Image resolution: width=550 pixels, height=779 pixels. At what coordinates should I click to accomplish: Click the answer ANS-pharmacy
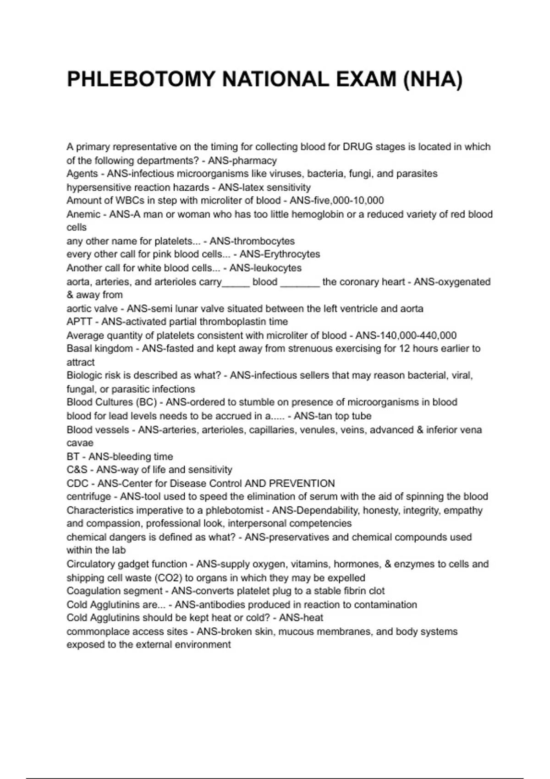tap(242, 161)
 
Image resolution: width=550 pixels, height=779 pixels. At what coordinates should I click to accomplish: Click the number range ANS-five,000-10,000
tap(337, 200)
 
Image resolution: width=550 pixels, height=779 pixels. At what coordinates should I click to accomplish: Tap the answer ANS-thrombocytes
tap(252, 241)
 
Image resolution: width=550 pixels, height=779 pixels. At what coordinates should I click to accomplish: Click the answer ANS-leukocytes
tap(265, 268)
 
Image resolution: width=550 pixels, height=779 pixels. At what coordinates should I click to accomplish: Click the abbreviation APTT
tap(79, 322)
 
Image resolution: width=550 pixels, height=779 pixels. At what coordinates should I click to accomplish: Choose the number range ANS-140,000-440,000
tap(406, 335)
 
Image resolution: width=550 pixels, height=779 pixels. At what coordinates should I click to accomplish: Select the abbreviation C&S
tap(77, 470)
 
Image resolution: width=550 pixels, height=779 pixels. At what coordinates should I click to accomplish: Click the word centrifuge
tap(89, 497)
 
